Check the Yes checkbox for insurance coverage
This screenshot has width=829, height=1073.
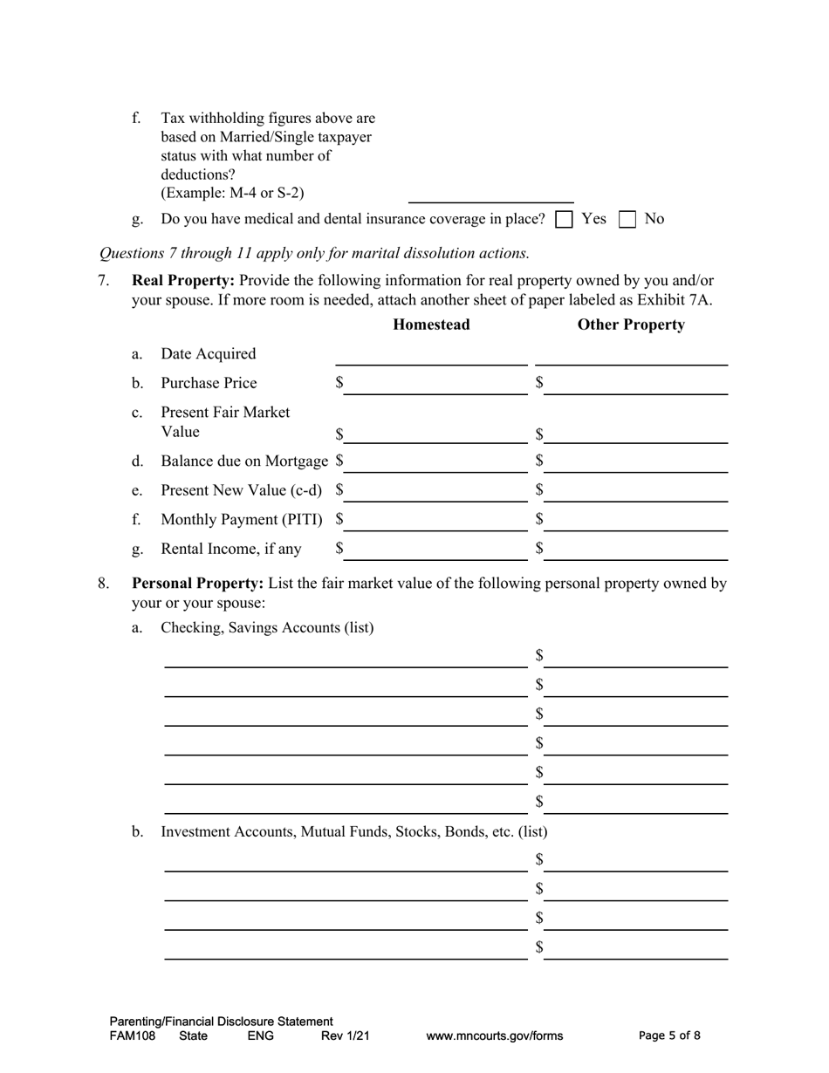[564, 220]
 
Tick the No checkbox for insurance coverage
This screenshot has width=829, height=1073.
[627, 220]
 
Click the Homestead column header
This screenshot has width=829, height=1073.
[431, 325]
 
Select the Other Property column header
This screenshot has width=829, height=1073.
[631, 325]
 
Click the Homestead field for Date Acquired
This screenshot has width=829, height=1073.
[431, 356]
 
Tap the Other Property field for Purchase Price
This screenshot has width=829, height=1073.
[636, 385]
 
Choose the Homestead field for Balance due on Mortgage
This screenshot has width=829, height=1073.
[435, 462]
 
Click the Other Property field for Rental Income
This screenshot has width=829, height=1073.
[636, 550]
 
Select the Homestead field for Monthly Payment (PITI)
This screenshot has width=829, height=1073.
[435, 521]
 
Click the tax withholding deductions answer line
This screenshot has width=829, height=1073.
[490, 194]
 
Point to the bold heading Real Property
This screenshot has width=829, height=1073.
[182, 281]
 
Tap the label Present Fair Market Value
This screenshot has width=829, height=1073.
[225, 422]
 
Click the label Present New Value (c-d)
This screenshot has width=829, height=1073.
[241, 491]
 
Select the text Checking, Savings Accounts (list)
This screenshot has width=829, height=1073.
[267, 627]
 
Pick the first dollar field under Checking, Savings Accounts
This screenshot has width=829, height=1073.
[636, 658]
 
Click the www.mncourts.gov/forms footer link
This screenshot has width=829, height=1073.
[494, 1036]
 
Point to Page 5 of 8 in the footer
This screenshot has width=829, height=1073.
[669, 1036]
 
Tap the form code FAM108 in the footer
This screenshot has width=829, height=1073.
[133, 1036]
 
